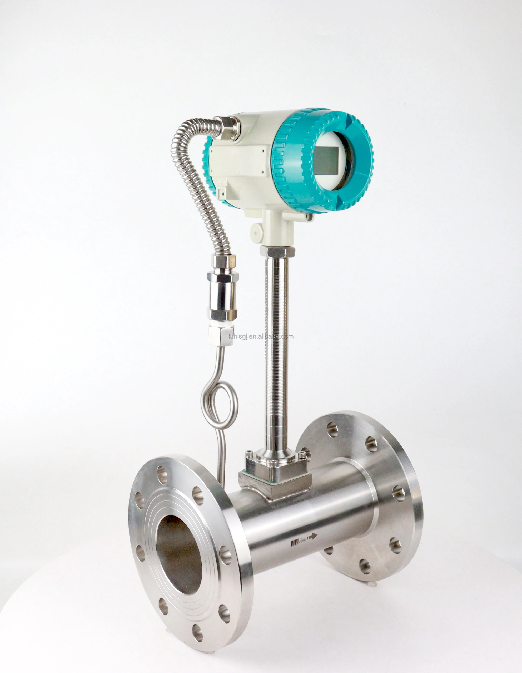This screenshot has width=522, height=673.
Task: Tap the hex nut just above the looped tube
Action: pyautogui.click(x=218, y=335)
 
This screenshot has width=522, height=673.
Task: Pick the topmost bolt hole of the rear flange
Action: pyautogui.click(x=332, y=430)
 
